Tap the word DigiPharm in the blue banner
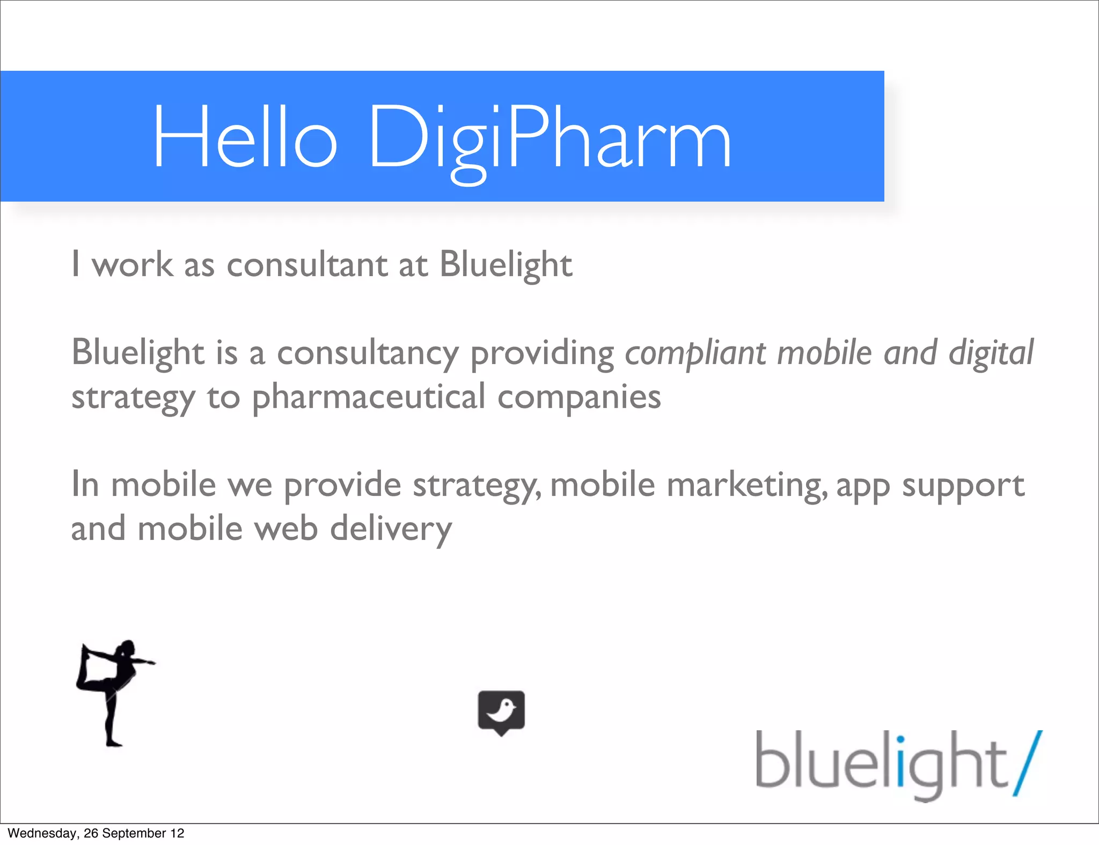(x=550, y=140)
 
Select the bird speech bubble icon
(x=501, y=712)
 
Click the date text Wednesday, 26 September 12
(x=96, y=833)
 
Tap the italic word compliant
(x=695, y=353)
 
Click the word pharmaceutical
(x=369, y=397)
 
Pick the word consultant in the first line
(x=307, y=264)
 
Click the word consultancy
(x=368, y=353)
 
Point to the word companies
(x=579, y=397)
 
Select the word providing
(x=542, y=353)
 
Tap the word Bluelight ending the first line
(x=506, y=264)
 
